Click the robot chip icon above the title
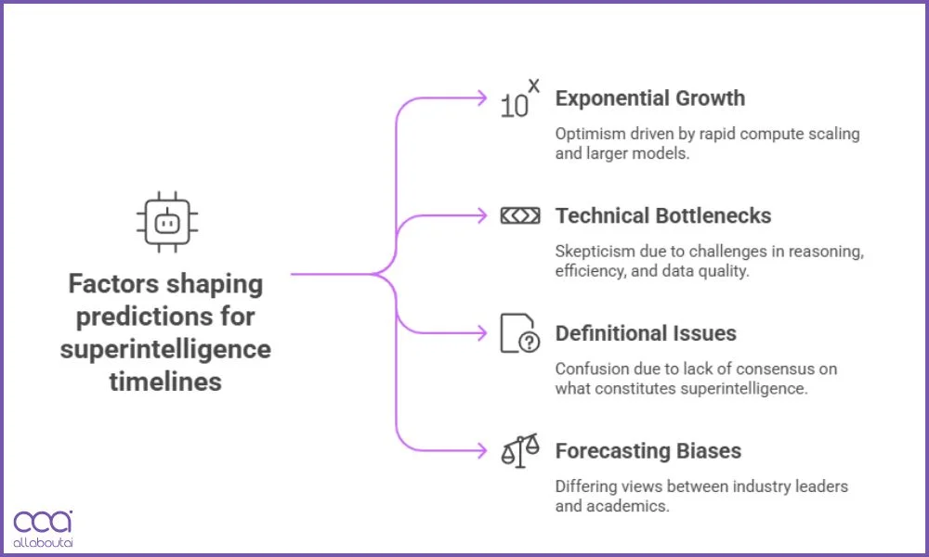[x=167, y=224]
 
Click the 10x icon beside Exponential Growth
[x=519, y=99]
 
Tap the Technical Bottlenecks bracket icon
[x=519, y=215]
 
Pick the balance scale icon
[x=519, y=452]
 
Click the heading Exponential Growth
[x=649, y=98]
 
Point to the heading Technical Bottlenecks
[x=663, y=215]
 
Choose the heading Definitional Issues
[x=645, y=333]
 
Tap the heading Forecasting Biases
[x=648, y=451]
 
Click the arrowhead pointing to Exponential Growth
[x=481, y=97]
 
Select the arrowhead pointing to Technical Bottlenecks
[x=481, y=215]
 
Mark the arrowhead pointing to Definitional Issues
[x=481, y=333]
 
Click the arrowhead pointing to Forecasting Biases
[x=481, y=451]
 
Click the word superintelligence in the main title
[x=166, y=349]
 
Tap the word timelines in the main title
[x=166, y=381]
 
